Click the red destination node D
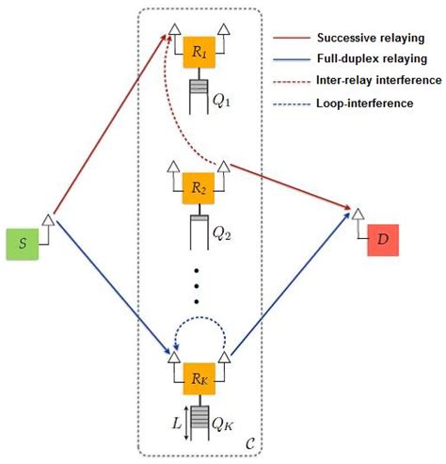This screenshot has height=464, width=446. pyautogui.click(x=382, y=241)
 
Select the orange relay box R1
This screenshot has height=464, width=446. pyautogui.click(x=198, y=54)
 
